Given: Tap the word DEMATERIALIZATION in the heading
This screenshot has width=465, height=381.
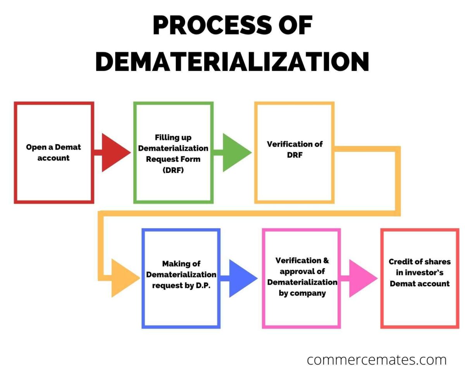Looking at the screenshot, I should (x=232, y=61).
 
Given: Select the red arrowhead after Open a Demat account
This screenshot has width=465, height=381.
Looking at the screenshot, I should (x=114, y=152).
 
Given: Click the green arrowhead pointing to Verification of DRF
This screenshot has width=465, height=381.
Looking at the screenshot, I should (x=235, y=152).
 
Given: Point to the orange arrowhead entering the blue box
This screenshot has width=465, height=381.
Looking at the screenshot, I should (x=124, y=278).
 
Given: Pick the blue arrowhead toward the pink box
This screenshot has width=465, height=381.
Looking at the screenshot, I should (x=241, y=278).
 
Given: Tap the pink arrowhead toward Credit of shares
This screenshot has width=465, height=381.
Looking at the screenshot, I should (x=361, y=278).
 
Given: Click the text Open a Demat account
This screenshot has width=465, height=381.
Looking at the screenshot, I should (x=53, y=152).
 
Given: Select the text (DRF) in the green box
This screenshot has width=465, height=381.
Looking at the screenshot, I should (x=173, y=170).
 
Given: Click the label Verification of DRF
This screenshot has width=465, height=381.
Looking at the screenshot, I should (x=294, y=149).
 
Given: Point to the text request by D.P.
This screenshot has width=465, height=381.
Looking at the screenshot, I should (x=181, y=286).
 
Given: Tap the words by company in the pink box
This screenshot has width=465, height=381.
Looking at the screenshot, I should (x=302, y=293).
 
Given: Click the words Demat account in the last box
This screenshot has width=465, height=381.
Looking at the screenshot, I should (x=419, y=283).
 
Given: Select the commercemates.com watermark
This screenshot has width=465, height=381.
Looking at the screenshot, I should (x=376, y=360).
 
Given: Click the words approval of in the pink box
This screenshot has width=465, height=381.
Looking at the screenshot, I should (x=302, y=271).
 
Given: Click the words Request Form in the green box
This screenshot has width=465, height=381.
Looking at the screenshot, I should (x=173, y=159).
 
